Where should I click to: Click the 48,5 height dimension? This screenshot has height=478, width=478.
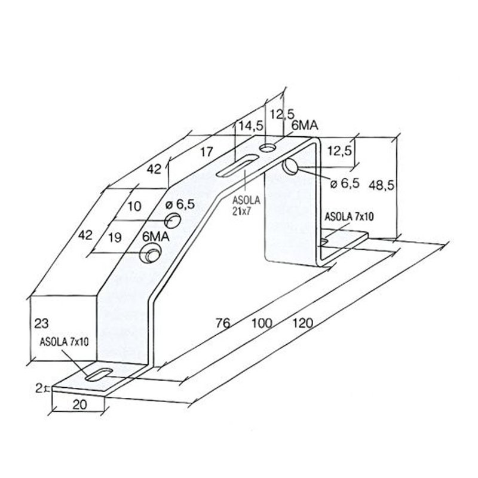(x=381, y=185)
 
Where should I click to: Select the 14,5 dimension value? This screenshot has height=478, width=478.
(x=251, y=126)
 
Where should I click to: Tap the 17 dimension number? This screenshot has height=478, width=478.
(x=206, y=152)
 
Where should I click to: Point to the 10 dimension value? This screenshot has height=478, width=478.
(x=134, y=206)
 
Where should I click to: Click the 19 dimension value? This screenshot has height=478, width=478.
(x=115, y=237)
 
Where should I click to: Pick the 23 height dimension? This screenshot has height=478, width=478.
(x=41, y=323)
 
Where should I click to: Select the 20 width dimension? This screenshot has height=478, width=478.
(x=79, y=405)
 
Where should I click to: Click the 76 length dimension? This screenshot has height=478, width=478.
(x=223, y=323)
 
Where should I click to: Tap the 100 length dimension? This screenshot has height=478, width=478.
(x=262, y=323)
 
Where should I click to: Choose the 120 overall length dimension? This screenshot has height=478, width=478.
(x=303, y=323)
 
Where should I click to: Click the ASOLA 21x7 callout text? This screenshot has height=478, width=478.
(x=246, y=206)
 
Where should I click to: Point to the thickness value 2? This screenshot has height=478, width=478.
(x=39, y=388)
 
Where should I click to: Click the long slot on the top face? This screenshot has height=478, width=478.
(x=237, y=166)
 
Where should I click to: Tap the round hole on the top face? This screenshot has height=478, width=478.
(x=268, y=148)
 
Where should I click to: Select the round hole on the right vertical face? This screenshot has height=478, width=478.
(x=290, y=167)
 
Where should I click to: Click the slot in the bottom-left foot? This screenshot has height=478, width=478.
(x=99, y=375)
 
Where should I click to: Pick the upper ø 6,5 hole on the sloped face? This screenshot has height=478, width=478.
(x=173, y=220)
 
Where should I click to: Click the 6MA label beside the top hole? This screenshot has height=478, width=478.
(x=305, y=125)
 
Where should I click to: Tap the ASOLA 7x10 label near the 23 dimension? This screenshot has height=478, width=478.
(x=64, y=342)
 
